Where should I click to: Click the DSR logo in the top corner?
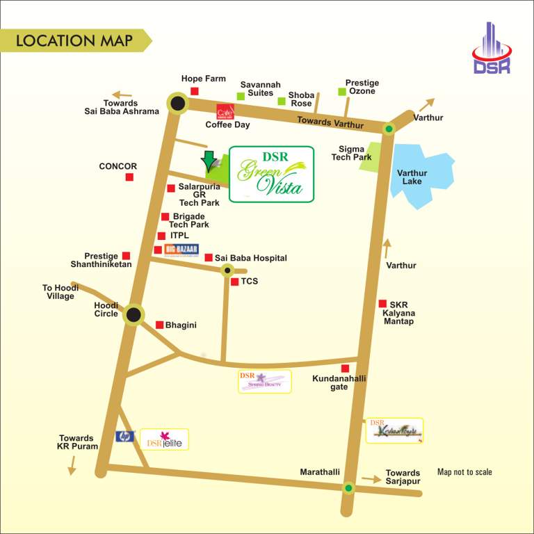point(492,49)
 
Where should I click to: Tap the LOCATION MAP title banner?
point(74,40)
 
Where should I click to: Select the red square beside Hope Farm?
point(195,91)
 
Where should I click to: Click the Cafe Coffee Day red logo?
point(225,111)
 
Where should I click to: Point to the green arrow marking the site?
point(207,161)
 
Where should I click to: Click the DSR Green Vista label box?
point(271,174)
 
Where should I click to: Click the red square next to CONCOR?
point(129,177)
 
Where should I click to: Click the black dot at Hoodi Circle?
point(133,315)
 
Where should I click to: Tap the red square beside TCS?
point(235,282)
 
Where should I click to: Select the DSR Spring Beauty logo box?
point(264,381)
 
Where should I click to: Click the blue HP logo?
point(125,437)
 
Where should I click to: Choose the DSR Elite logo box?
point(164,439)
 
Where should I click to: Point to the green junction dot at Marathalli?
point(349,487)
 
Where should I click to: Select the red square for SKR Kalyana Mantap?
point(382,303)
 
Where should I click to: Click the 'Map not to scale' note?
point(464,472)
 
